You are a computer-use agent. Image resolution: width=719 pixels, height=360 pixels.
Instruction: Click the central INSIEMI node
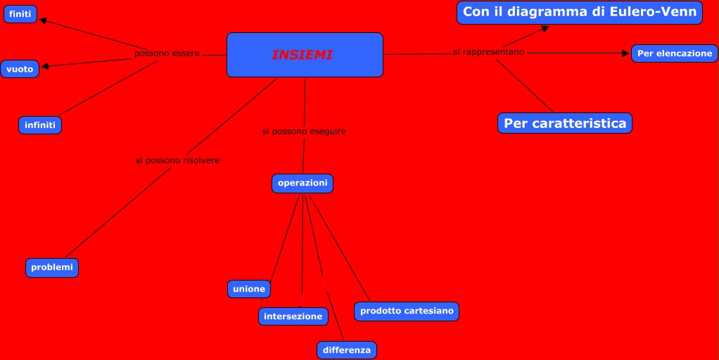[x=305, y=55]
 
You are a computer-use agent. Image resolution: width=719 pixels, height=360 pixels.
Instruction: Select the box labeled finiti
[x=20, y=14]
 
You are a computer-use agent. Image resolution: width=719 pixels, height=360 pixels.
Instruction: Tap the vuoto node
[x=20, y=69]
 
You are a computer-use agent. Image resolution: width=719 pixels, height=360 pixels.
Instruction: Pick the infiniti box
[x=40, y=125]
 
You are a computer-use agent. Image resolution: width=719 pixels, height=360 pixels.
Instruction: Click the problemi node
[x=52, y=267]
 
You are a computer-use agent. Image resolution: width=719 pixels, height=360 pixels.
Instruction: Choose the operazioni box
[x=303, y=183]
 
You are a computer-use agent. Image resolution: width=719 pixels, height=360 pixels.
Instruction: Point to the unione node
[x=249, y=289]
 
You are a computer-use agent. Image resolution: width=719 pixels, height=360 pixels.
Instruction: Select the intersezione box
[x=293, y=316]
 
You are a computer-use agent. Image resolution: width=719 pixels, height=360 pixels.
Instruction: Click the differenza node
[x=347, y=349]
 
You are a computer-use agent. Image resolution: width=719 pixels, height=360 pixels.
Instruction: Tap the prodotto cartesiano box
[x=407, y=311]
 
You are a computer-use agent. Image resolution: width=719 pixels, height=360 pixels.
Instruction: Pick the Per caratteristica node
[x=565, y=123]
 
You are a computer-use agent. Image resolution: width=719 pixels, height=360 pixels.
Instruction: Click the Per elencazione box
[x=675, y=53]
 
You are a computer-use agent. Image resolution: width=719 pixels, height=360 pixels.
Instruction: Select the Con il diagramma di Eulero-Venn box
[x=580, y=12]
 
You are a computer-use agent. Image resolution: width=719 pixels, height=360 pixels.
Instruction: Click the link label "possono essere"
[x=167, y=53]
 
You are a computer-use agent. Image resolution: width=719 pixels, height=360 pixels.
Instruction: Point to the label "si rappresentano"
[x=488, y=52]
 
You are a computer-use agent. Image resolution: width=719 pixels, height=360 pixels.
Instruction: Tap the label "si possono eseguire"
[x=304, y=131]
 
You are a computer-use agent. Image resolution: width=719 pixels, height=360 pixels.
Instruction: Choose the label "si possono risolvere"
[x=177, y=160]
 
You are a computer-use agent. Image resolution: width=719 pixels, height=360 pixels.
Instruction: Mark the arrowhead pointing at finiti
[x=44, y=21]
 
